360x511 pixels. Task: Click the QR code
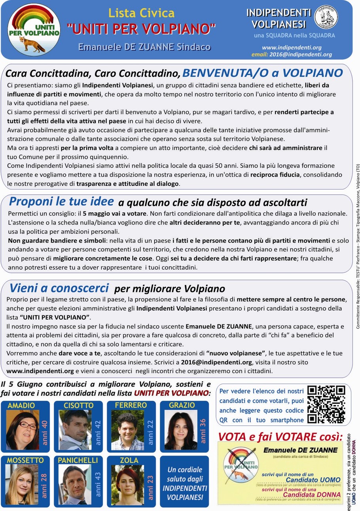click(x=326, y=404)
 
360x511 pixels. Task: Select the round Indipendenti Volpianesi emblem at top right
click(x=326, y=17)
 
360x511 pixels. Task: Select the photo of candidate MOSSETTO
click(x=22, y=485)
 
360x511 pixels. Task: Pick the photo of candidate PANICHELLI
click(x=74, y=485)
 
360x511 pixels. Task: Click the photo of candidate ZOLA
click(x=127, y=485)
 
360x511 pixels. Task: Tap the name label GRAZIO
click(x=182, y=405)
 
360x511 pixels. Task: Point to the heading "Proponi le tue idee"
click(x=61, y=202)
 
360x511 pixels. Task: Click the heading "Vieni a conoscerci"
click(x=59, y=287)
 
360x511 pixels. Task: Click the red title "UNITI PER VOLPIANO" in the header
click(x=142, y=28)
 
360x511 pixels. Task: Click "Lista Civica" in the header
click(x=141, y=13)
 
